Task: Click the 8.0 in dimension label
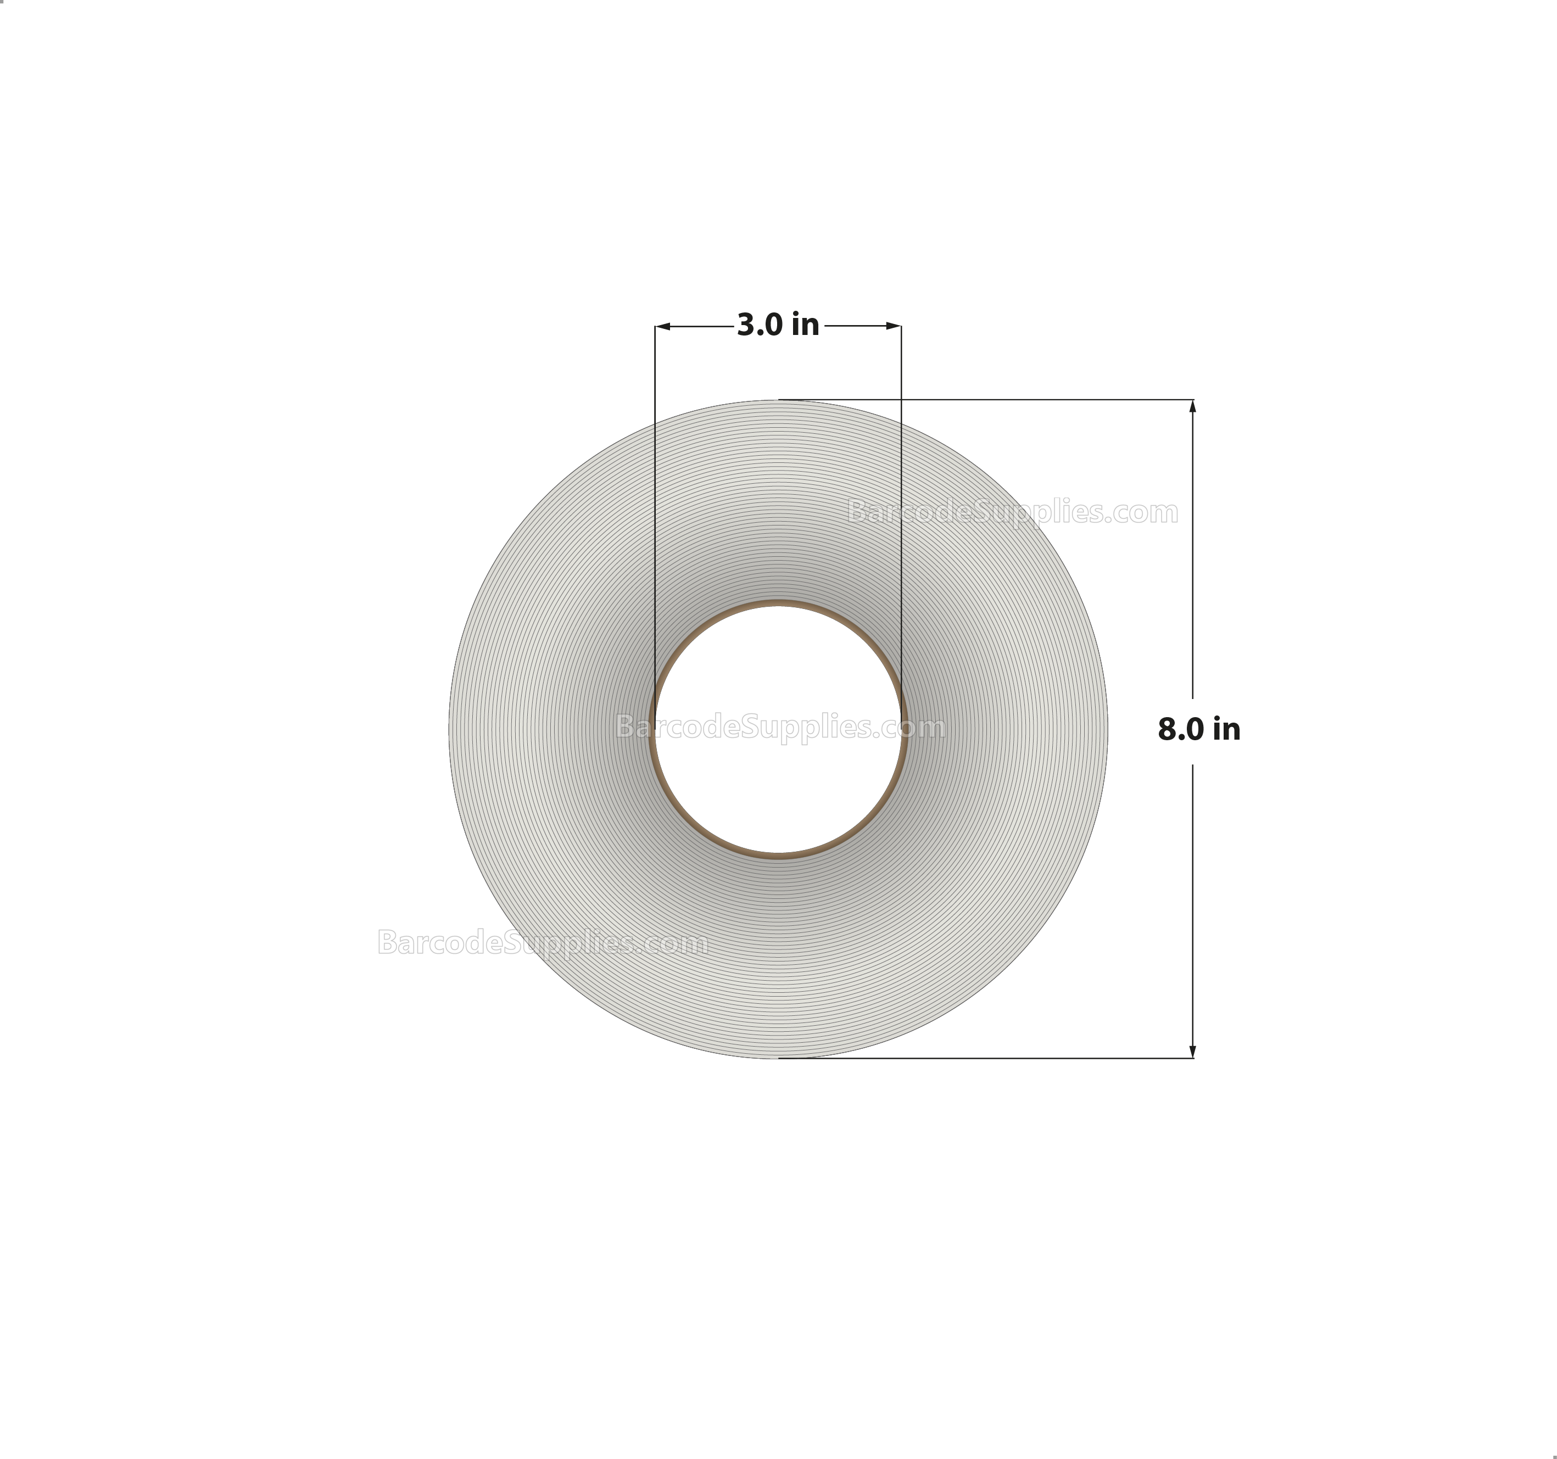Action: [x=1198, y=729]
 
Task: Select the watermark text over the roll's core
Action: [x=780, y=728]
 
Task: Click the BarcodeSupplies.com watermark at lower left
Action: [x=542, y=942]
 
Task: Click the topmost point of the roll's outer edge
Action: [x=778, y=401]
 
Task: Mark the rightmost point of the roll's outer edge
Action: [x=1107, y=729]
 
